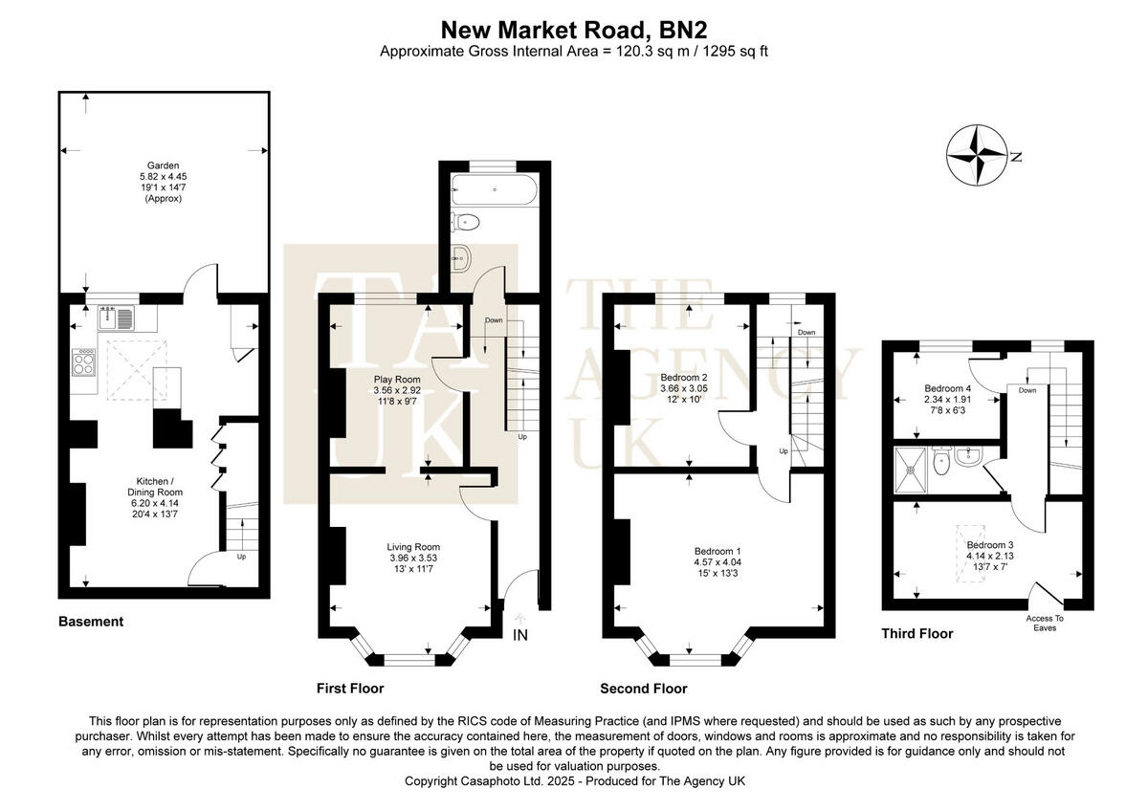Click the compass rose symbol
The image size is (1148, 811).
tap(977, 156)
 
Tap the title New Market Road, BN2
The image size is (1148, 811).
tap(573, 29)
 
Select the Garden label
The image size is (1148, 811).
tap(163, 165)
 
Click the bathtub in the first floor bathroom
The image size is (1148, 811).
tap(494, 188)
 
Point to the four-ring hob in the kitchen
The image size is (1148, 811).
tap(84, 362)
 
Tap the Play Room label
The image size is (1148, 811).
tap(397, 379)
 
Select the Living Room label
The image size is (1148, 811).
tap(412, 546)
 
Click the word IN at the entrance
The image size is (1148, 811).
tap(520, 635)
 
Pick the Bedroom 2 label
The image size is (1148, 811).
tap(684, 377)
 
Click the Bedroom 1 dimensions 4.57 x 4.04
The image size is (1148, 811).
tap(717, 563)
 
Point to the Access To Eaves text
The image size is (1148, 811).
tap(1045, 624)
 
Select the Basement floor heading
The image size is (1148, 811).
tap(91, 622)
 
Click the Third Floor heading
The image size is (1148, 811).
tap(916, 633)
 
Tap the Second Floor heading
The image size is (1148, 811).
tap(643, 689)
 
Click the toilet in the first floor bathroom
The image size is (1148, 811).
tap(468, 224)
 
